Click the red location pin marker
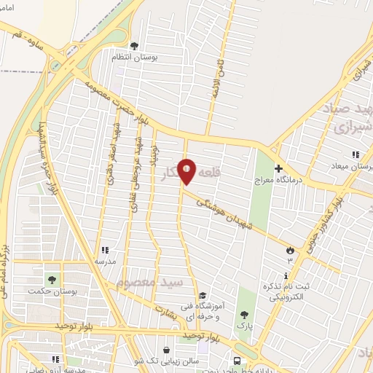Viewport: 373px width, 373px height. click(x=186, y=172)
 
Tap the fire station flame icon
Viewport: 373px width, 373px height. click(x=289, y=250)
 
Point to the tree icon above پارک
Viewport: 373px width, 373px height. click(x=244, y=315)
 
